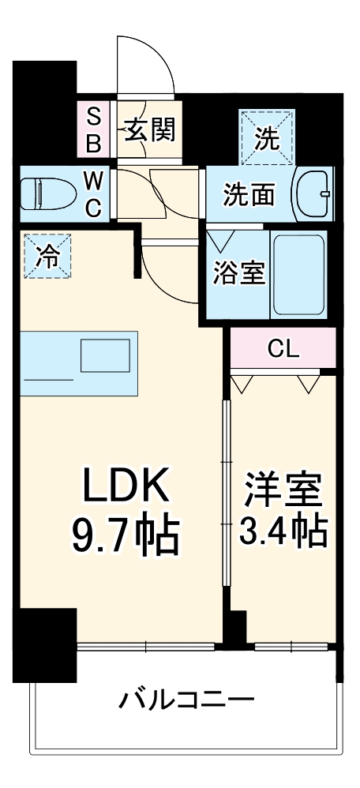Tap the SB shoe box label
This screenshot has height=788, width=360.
93,129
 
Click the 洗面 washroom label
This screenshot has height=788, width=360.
248,194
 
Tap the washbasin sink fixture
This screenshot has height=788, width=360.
315,194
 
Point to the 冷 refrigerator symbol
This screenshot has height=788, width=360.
47,256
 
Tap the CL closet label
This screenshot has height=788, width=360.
283,348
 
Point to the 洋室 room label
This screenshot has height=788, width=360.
283,490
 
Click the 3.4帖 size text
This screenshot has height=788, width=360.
283,534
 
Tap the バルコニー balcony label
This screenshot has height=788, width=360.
187,700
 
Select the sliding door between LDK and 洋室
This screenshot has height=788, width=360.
226,505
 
